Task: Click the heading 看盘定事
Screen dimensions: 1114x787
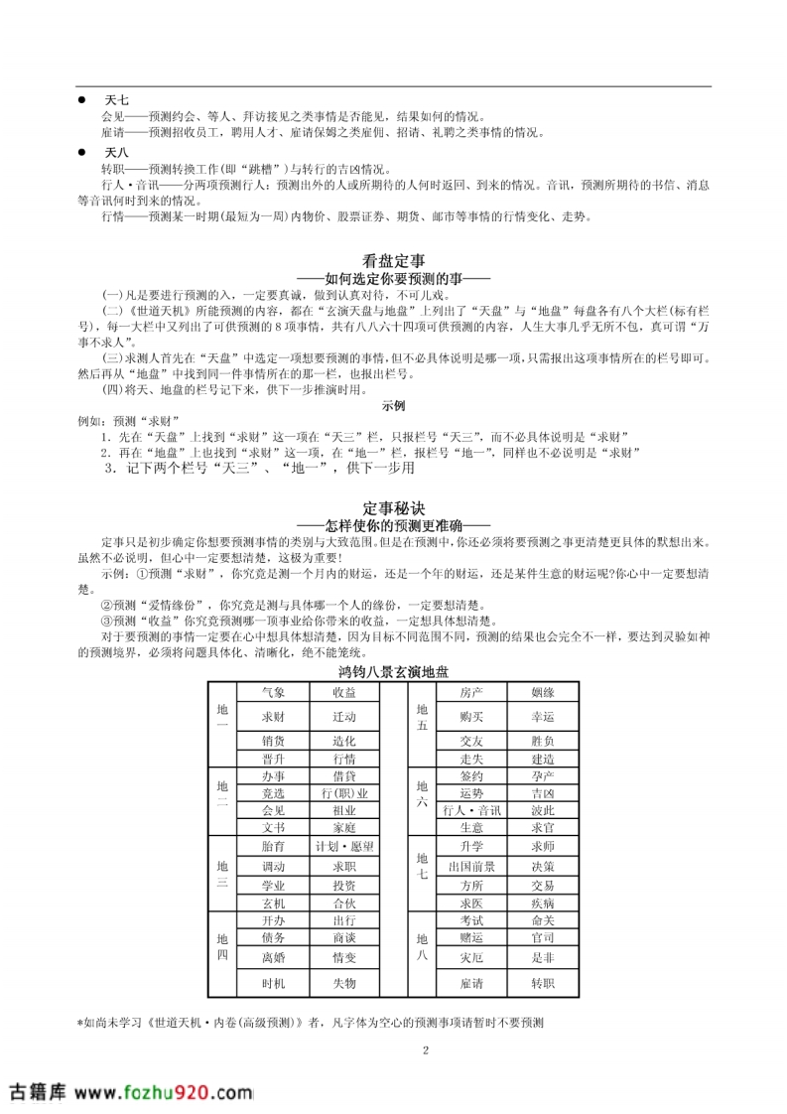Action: (x=393, y=262)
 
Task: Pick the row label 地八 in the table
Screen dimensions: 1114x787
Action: (x=421, y=946)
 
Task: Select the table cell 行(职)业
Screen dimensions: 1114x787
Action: (x=344, y=792)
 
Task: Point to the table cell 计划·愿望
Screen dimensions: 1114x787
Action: (x=344, y=846)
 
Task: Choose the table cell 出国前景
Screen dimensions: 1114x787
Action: (x=471, y=866)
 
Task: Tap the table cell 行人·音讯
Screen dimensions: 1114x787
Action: (x=471, y=809)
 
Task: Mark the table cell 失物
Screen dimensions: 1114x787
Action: (x=344, y=983)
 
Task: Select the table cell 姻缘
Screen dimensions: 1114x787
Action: (x=542, y=691)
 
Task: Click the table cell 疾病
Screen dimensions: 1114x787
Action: (x=542, y=903)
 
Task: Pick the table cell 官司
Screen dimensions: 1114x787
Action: (x=542, y=937)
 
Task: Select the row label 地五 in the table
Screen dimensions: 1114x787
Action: (x=421, y=717)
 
